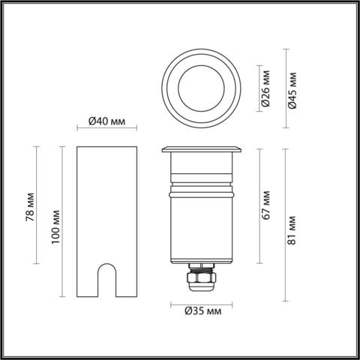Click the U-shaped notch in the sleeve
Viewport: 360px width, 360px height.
click(108, 281)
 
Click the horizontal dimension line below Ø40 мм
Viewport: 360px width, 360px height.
click(106, 133)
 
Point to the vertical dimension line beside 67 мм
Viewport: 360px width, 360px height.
click(259, 206)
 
